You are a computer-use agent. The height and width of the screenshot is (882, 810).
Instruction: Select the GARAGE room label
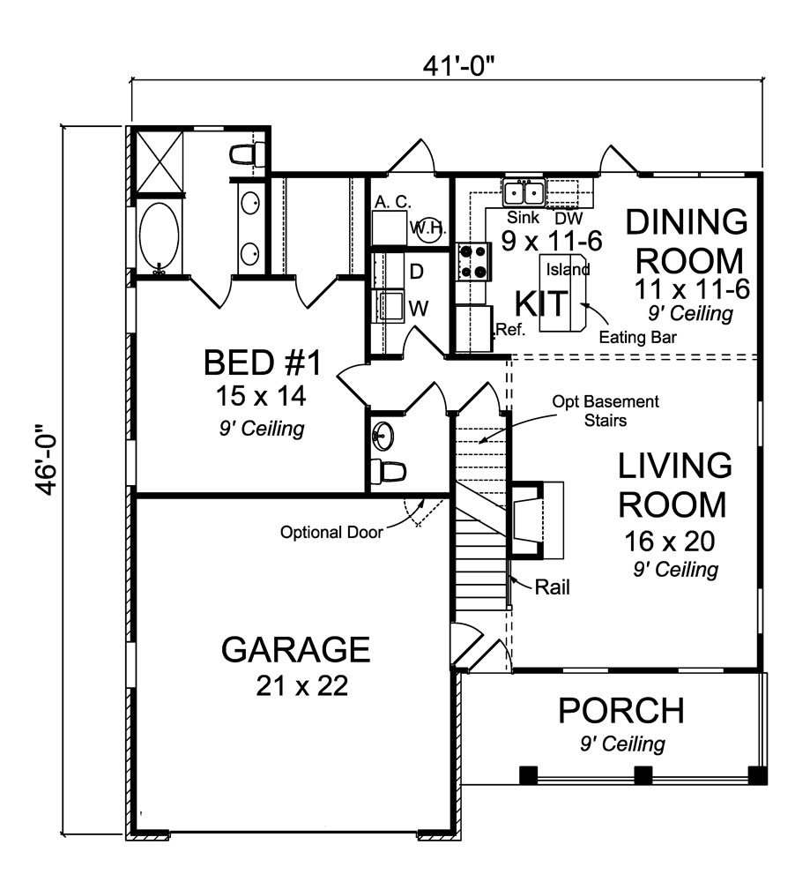[295, 649]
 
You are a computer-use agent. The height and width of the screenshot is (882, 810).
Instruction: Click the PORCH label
[621, 710]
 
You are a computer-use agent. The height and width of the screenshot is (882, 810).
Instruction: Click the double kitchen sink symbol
[524, 191]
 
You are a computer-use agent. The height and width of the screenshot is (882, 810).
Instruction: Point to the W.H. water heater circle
[430, 228]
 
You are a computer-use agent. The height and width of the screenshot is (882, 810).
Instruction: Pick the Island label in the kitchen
[568, 268]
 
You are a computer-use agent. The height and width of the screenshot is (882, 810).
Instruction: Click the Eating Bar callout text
[635, 336]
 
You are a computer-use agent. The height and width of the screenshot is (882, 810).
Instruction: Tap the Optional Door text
[331, 533]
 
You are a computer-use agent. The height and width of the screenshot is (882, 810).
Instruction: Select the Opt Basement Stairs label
[606, 410]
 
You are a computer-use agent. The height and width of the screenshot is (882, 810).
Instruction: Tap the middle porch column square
[643, 775]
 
